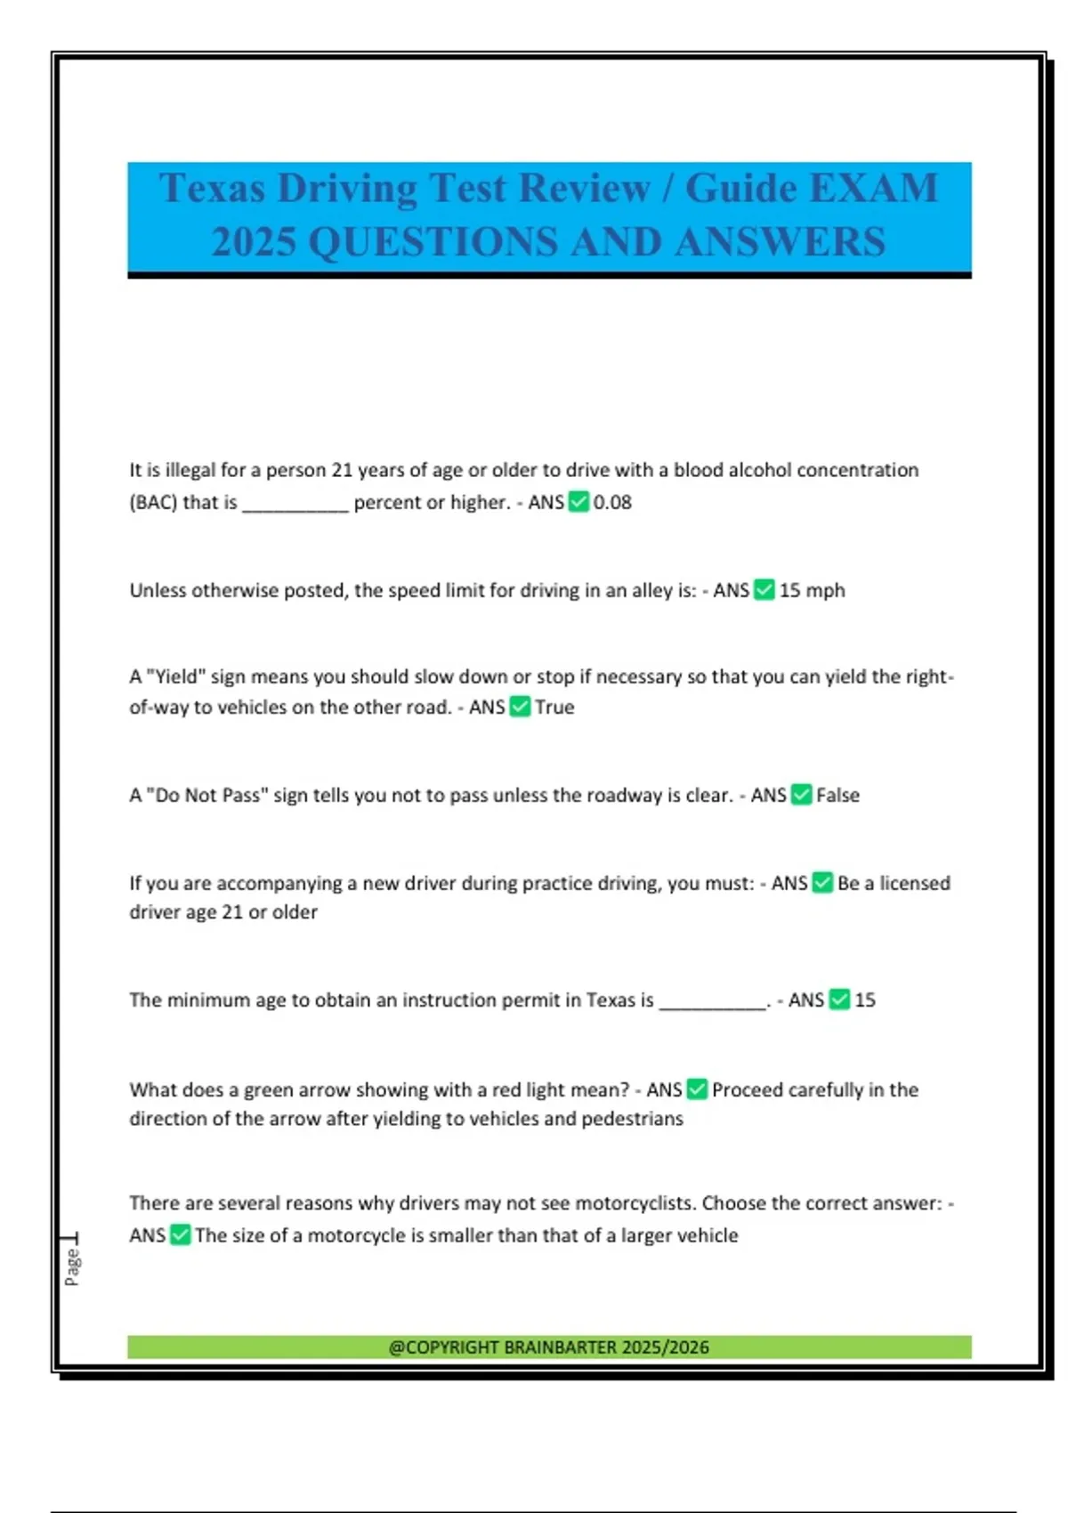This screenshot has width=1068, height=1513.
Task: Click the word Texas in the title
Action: [212, 189]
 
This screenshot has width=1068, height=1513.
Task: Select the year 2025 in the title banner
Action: [254, 242]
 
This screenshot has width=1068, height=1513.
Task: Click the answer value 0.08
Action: [612, 503]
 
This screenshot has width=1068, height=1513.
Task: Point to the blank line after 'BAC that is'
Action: [295, 506]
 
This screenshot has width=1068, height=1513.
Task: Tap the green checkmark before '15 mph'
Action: [765, 590]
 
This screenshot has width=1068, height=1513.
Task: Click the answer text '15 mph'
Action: [812, 590]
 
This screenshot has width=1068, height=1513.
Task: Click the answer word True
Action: [554, 708]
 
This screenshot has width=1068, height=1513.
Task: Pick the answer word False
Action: [837, 796]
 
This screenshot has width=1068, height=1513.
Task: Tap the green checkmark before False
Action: [802, 795]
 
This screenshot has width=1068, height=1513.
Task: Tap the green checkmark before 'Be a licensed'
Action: [823, 883]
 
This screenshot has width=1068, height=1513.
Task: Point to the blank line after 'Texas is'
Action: [712, 1004]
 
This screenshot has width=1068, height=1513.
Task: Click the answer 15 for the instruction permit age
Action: [865, 1000]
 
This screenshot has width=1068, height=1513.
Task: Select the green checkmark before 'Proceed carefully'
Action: [698, 1089]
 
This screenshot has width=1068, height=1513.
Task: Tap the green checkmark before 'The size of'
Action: [181, 1235]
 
